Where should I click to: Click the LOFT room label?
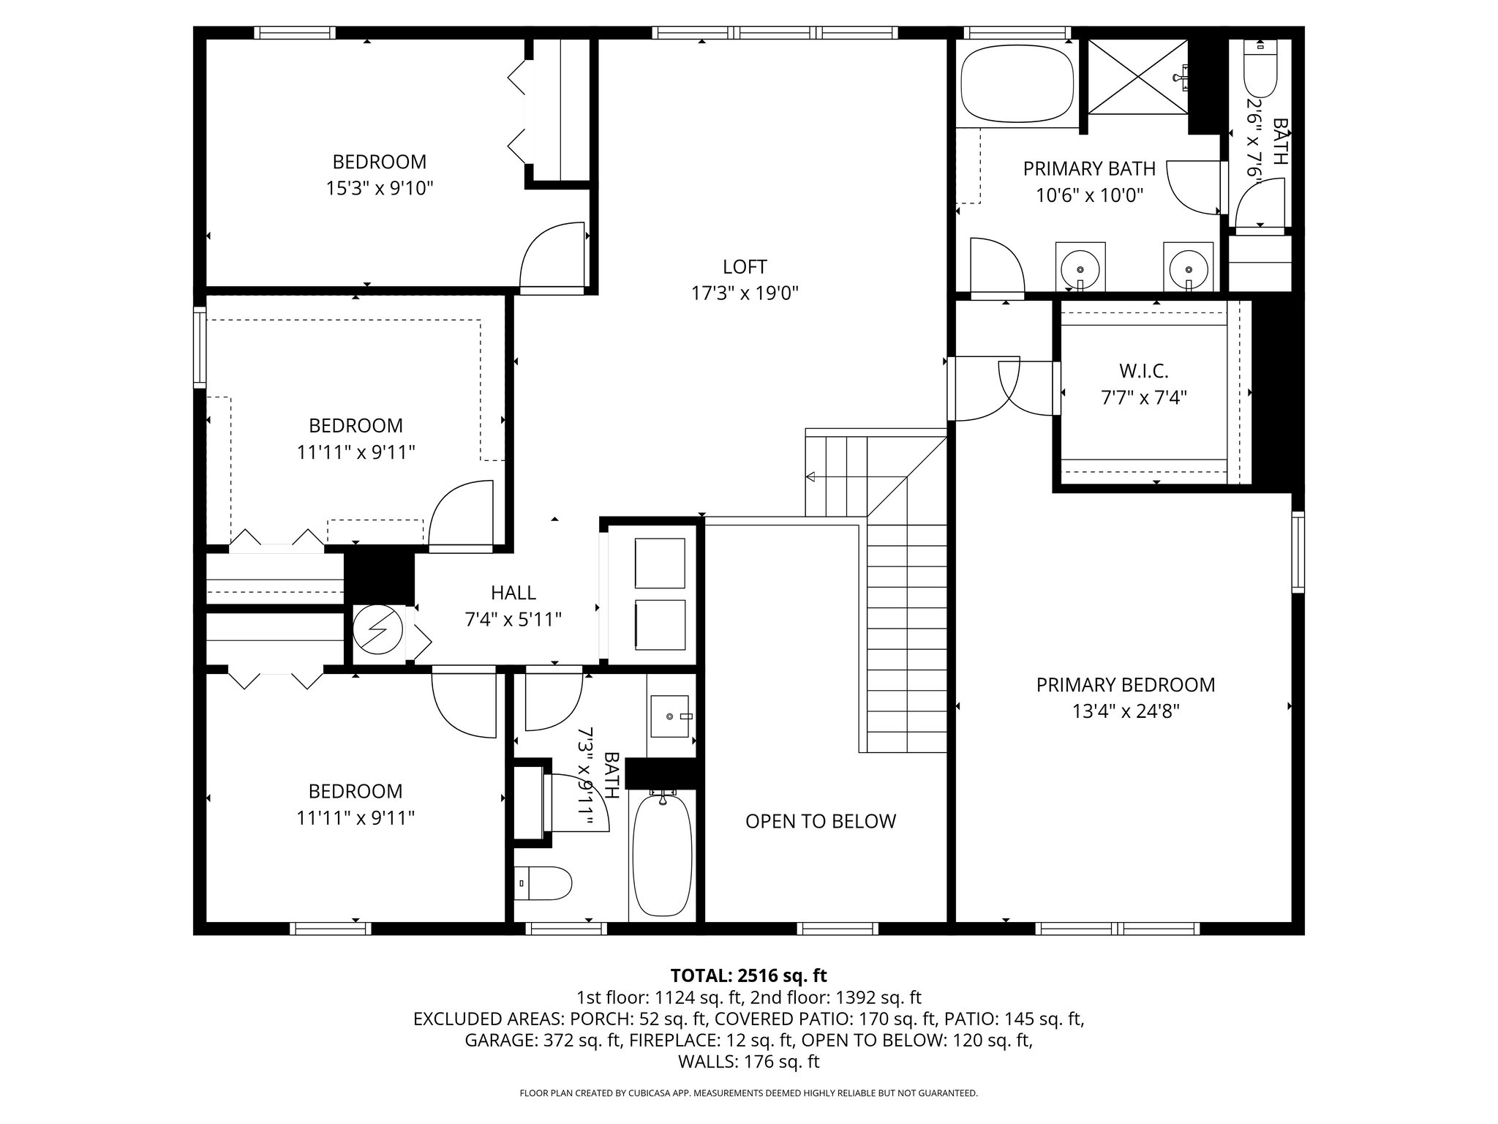pyautogui.click(x=745, y=267)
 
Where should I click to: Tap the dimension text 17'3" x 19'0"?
pyautogui.click(x=745, y=293)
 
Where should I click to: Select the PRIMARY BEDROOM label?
pyautogui.click(x=1125, y=685)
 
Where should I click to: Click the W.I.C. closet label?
pyautogui.click(x=1143, y=371)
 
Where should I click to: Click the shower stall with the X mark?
pyautogui.click(x=1137, y=77)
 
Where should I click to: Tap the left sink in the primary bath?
pyautogui.click(x=1080, y=265)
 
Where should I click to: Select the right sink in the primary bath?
pyautogui.click(x=1188, y=265)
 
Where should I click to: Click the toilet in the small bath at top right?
pyautogui.click(x=1260, y=70)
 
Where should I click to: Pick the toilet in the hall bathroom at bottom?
pyautogui.click(x=542, y=884)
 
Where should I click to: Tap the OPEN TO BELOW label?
pyautogui.click(x=820, y=821)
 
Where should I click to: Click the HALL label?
pyautogui.click(x=513, y=593)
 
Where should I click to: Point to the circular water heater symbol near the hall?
pyautogui.click(x=378, y=630)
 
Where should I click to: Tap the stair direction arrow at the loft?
pyautogui.click(x=810, y=477)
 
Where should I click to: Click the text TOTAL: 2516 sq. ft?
pyautogui.click(x=748, y=975)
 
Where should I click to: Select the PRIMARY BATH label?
pyautogui.click(x=1089, y=169)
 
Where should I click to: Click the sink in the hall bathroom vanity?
pyautogui.click(x=669, y=716)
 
